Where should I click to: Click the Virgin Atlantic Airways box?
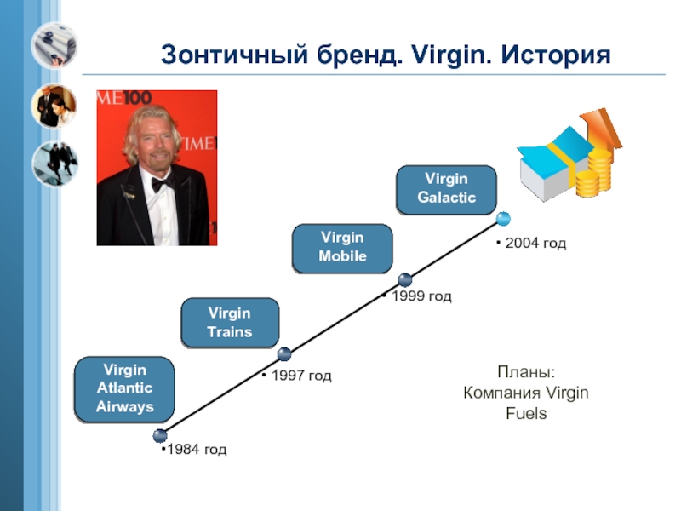(124, 389)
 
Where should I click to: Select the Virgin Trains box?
(230, 323)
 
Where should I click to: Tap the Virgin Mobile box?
(342, 247)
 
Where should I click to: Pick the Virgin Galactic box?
(446, 189)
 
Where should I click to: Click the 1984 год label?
(195, 450)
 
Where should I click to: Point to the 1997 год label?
(299, 376)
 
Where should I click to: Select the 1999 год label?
(419, 297)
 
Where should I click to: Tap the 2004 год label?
(533, 244)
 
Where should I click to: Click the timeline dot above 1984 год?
(161, 435)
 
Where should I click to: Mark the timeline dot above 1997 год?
(284, 353)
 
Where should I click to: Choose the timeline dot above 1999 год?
(405, 278)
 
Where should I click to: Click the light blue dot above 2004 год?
(503, 219)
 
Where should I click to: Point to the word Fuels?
(526, 414)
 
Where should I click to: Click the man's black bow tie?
(163, 182)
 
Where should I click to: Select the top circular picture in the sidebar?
(54, 45)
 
